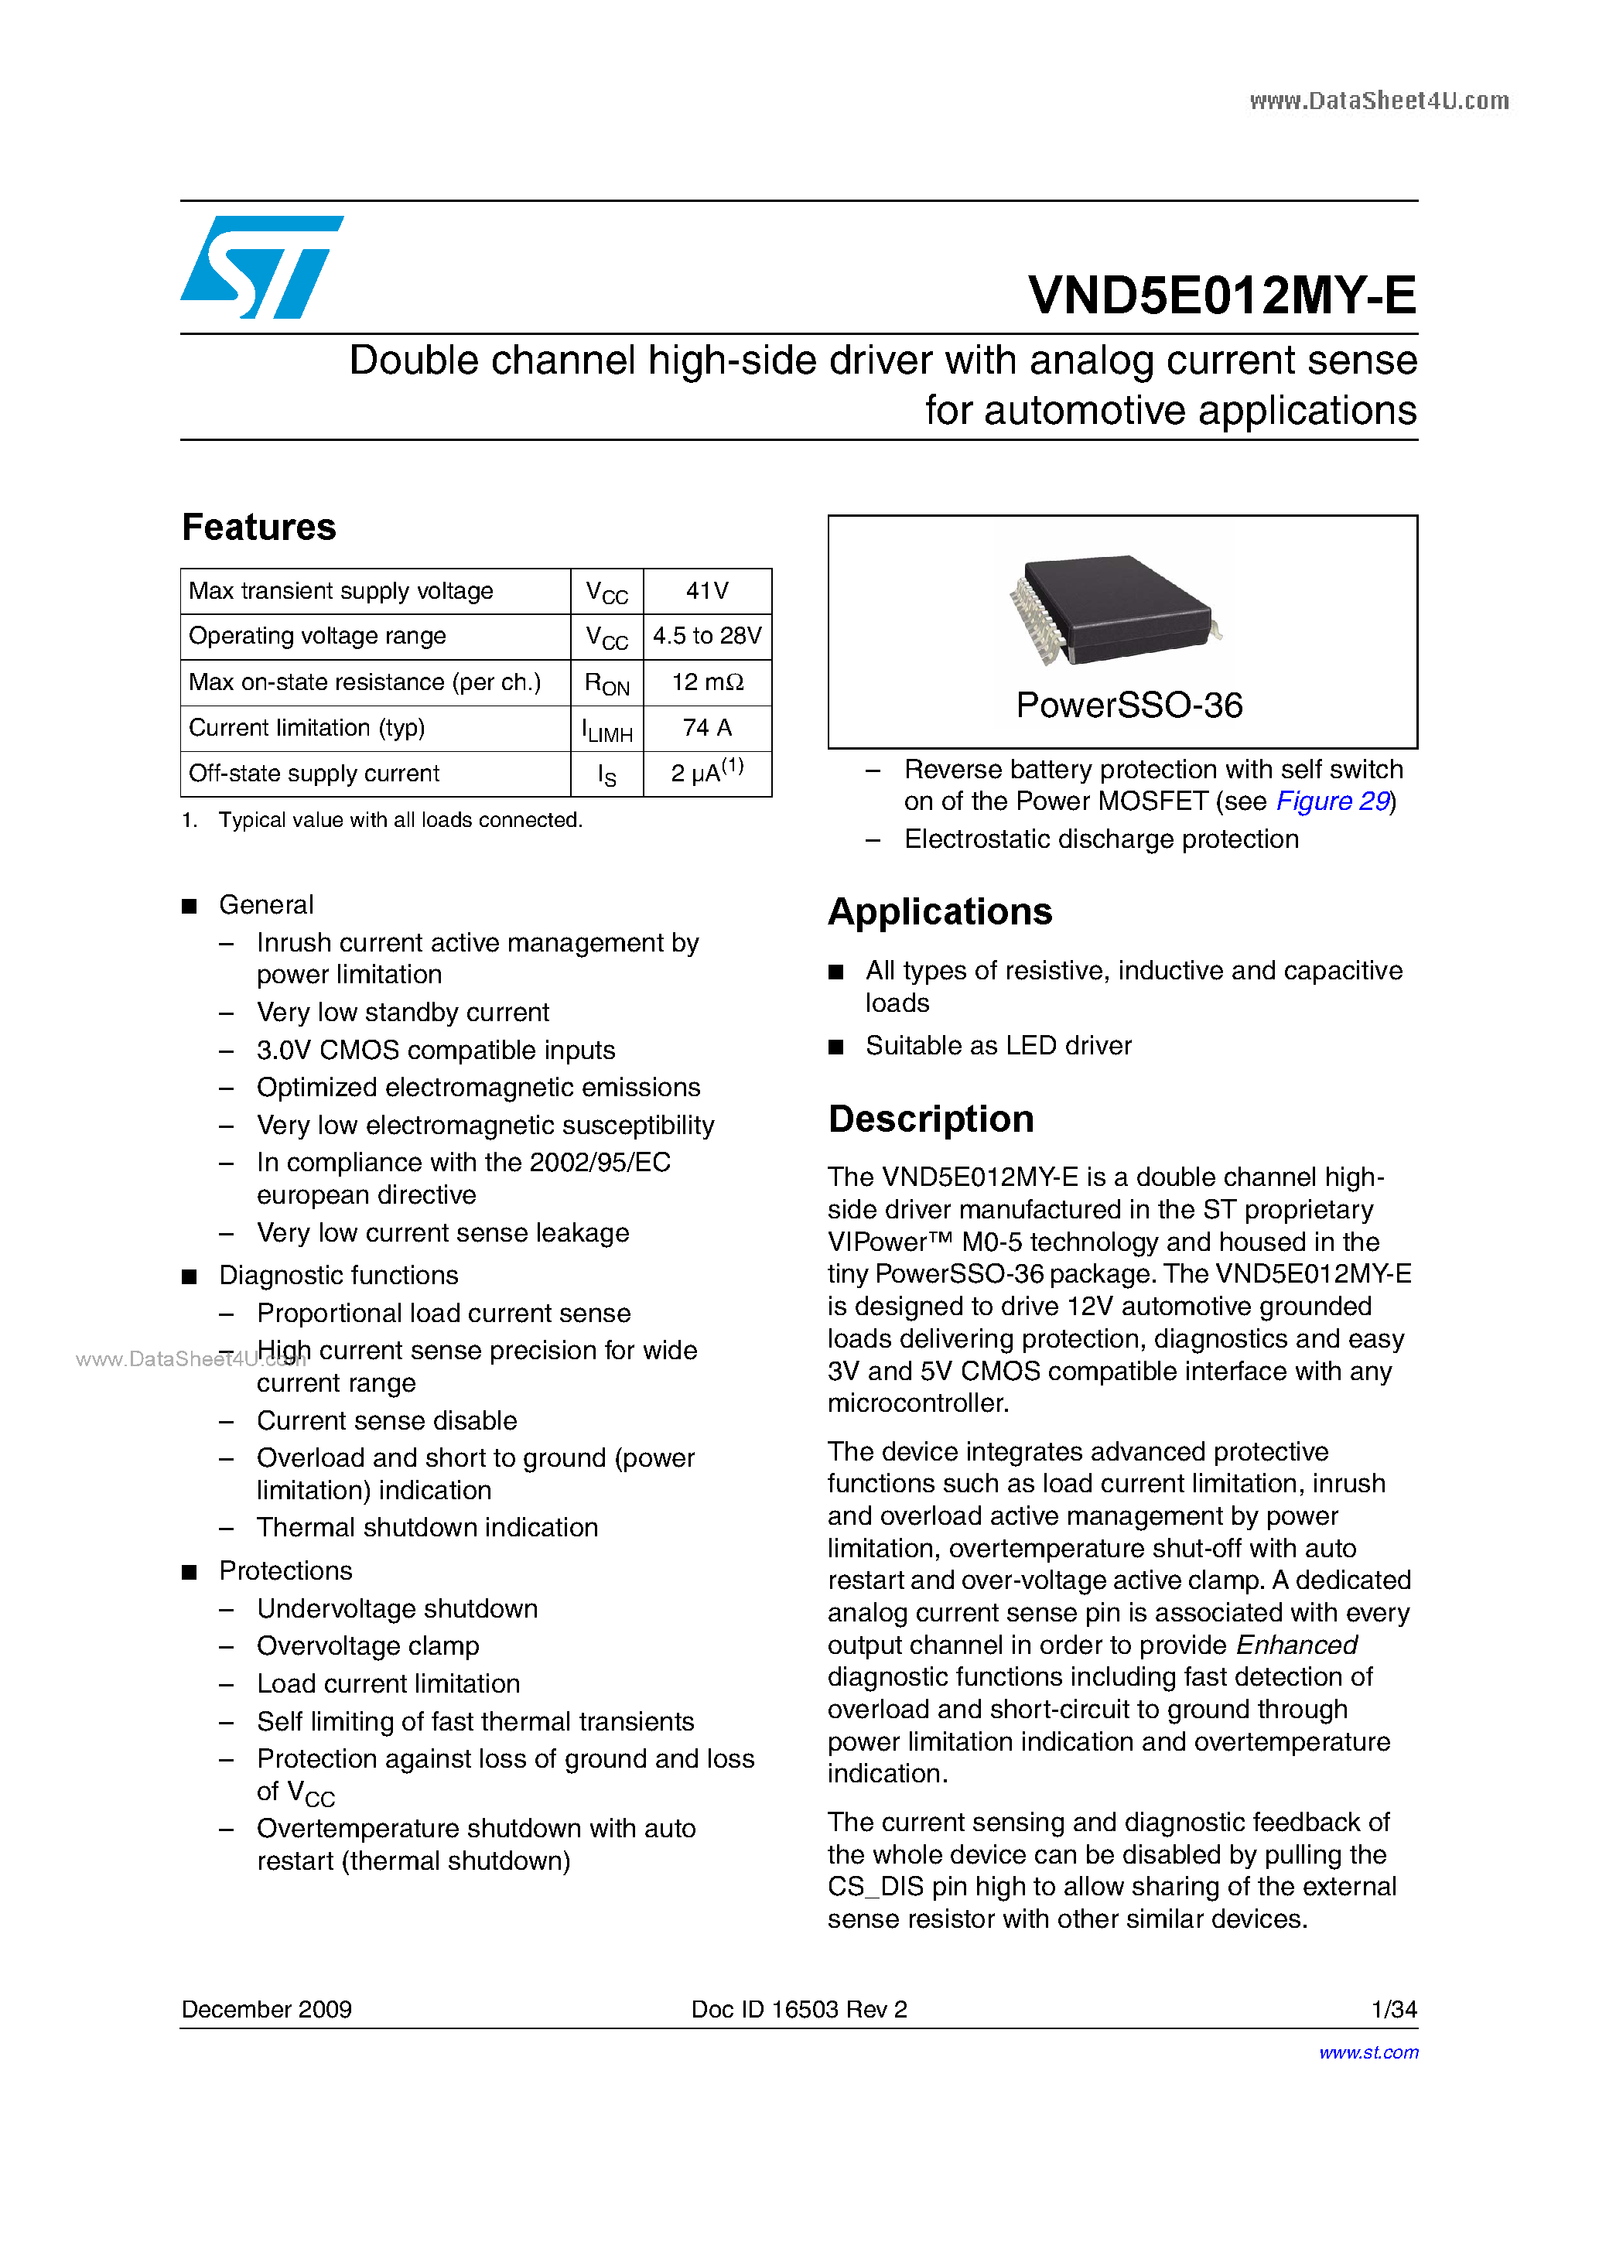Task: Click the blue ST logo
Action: tap(261, 267)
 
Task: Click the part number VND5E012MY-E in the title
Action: tap(1221, 296)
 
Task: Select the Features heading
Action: tap(259, 527)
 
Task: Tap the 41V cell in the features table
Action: tap(706, 591)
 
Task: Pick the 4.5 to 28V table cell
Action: tap(706, 637)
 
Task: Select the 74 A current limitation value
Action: tap(706, 728)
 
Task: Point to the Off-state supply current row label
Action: tap(314, 774)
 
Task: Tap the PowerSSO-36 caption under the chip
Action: tap(1129, 706)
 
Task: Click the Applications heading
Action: tap(940, 912)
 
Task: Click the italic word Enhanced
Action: tap(1297, 1645)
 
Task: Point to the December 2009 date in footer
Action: tap(267, 2010)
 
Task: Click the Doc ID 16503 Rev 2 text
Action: tap(799, 2010)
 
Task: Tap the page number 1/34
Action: tap(1393, 2010)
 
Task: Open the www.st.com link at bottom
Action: tap(1368, 2053)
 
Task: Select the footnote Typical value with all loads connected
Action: tap(400, 821)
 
